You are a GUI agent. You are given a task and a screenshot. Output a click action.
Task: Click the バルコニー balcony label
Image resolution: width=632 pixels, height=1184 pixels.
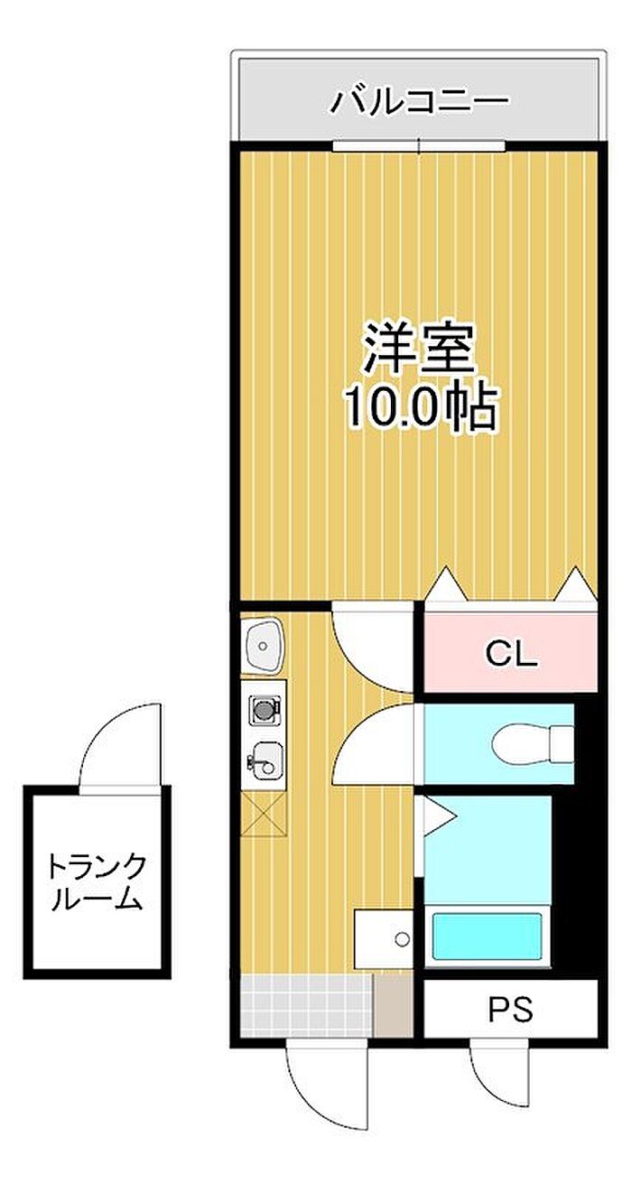(x=420, y=100)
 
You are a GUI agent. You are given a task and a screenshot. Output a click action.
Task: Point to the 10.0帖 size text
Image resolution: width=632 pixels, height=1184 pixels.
(x=421, y=407)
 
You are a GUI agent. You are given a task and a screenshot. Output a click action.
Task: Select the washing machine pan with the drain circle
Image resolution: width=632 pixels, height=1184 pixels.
(x=383, y=938)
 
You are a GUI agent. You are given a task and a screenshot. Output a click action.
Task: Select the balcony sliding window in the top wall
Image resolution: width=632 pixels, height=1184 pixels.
(x=419, y=146)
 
